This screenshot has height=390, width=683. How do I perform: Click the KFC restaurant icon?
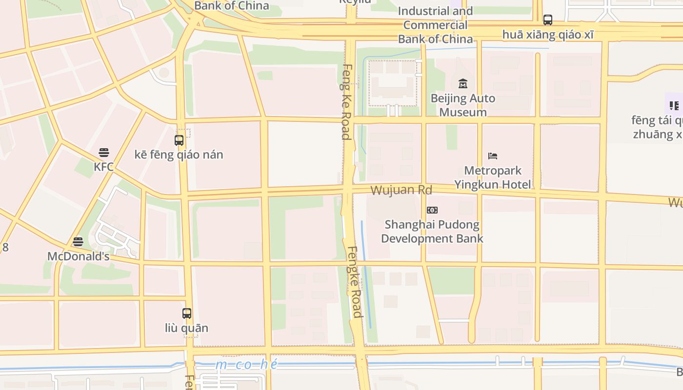click(103, 153)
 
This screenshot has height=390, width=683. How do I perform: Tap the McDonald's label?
click(78, 256)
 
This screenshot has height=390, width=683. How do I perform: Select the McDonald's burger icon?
click(78, 241)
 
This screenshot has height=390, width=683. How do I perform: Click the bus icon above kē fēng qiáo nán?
click(179, 140)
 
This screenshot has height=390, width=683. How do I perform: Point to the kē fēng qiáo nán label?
click(179, 155)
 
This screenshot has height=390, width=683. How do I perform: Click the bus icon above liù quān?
click(187, 313)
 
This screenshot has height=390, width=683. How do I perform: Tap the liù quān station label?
click(187, 328)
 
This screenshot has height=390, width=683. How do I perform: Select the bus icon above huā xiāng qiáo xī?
click(548, 20)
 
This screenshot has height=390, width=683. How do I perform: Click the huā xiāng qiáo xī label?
click(548, 35)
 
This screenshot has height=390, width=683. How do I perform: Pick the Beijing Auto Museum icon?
click(463, 83)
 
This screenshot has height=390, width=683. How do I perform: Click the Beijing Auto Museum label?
click(463, 105)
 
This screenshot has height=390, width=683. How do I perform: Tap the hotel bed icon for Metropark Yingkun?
click(493, 156)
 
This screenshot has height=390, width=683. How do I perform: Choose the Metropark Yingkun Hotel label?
click(493, 177)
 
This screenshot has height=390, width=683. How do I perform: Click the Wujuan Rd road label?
click(402, 190)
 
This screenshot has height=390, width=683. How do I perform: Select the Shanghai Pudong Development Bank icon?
click(432, 210)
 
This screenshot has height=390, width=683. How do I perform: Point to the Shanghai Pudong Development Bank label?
click(432, 232)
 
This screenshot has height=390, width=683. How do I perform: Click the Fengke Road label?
click(355, 282)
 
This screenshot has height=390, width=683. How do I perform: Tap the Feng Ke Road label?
click(346, 101)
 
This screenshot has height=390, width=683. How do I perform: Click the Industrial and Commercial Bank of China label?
click(436, 25)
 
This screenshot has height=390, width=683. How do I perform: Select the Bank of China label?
click(232, 6)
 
